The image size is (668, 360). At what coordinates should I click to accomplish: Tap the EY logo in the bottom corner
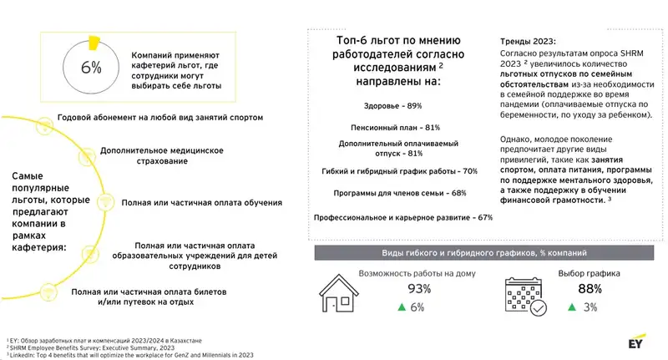click(640, 343)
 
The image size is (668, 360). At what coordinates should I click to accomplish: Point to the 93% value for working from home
click(417, 289)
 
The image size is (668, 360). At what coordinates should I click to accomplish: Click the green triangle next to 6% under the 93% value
click(402, 307)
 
